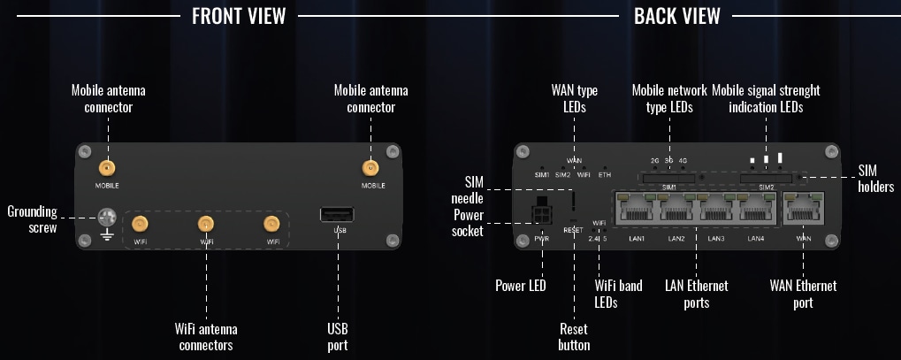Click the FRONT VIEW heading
pyautogui.click(x=239, y=16)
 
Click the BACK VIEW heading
pyautogui.click(x=676, y=16)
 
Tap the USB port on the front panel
pyautogui.click(x=337, y=214)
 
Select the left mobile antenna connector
pyautogui.click(x=107, y=168)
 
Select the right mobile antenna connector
pyautogui.click(x=371, y=168)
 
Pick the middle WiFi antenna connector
pyautogui.click(x=206, y=224)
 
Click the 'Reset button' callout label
pyautogui.click(x=574, y=336)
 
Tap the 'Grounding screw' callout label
pyautogui.click(x=32, y=219)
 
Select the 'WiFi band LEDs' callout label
pyautogui.click(x=617, y=294)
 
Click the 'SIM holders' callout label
pyautogui.click(x=876, y=178)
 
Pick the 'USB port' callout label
pyautogui.click(x=336, y=336)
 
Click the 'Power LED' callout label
pyautogui.click(x=520, y=286)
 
